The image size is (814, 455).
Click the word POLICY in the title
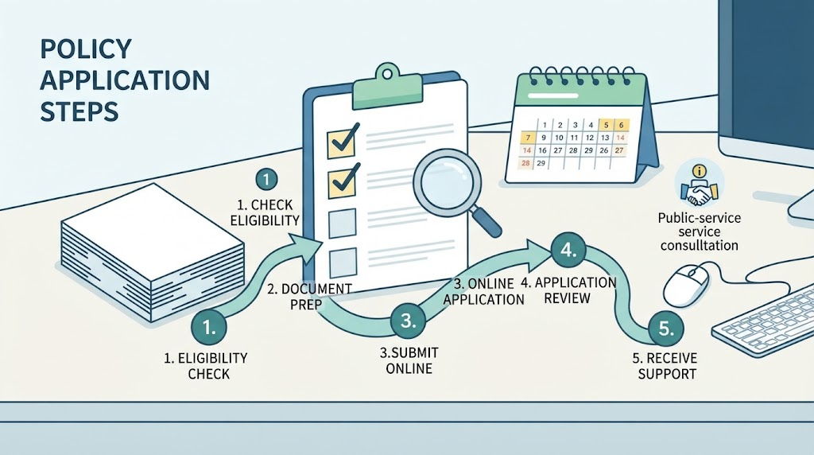pos(86,49)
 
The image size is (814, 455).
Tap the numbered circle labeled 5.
pos(666,329)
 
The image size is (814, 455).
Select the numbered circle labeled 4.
pos(568,251)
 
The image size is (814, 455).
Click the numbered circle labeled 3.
pos(408,321)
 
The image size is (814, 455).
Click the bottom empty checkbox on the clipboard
pos(343,262)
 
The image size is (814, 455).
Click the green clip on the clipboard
pos(386,85)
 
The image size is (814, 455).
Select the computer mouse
pos(686,285)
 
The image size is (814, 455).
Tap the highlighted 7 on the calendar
pos(528,138)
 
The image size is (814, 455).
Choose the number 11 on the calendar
pos(574,138)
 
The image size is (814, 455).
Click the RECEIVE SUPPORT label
pos(666,366)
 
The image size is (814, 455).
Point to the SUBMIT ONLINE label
pos(409,360)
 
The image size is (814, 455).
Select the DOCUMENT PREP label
pos(310,296)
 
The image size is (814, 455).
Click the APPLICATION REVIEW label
pos(568,290)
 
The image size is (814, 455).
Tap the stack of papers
pos(153,252)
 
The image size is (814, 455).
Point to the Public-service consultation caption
pos(700,231)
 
